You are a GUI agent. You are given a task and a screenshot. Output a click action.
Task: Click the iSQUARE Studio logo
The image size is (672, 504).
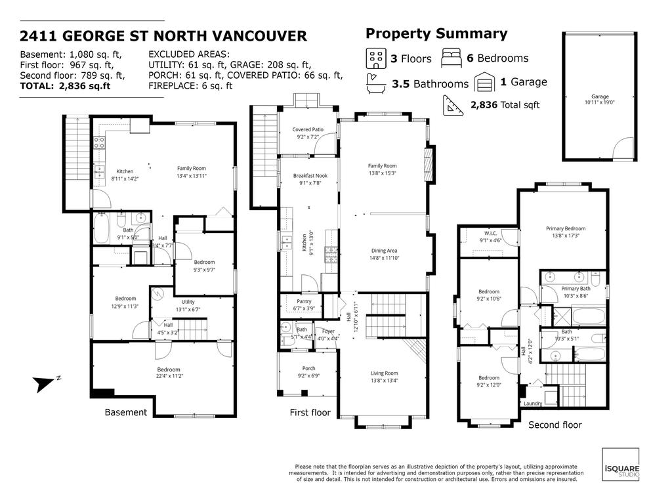pos(620,465)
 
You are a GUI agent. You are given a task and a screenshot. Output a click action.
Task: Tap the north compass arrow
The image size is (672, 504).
pos(45,383)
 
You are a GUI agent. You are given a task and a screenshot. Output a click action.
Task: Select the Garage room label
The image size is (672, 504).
pos(600,99)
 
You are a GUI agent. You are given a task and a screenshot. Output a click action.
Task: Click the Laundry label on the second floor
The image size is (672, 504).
pos(533,404)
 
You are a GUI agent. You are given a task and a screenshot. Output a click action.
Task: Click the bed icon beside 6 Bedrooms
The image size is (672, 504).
pos(452,58)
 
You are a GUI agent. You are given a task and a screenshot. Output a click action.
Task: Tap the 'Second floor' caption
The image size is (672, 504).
pos(555,425)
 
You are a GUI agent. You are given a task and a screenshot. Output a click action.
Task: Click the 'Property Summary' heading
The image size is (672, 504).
pos(436,34)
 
